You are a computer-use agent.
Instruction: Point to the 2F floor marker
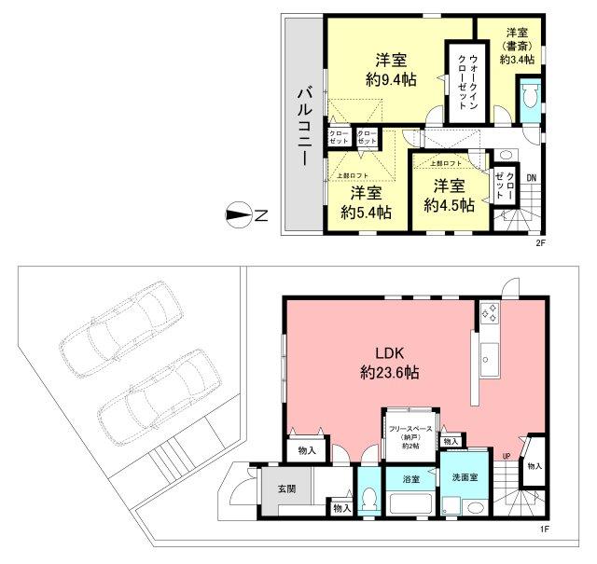538,244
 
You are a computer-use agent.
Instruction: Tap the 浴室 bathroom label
410,479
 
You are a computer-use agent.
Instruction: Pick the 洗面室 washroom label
465,477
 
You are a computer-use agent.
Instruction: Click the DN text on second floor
531,178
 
